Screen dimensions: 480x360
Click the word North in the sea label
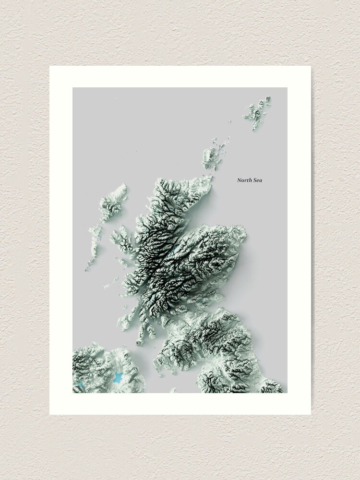pos(245,180)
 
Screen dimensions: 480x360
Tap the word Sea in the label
pos(258,180)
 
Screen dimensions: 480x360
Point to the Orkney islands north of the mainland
pos(211,154)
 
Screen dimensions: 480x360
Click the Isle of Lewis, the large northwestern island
pos(114,202)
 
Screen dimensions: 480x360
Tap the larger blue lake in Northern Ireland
pos(118,377)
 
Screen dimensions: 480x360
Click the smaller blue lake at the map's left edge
pos(80,386)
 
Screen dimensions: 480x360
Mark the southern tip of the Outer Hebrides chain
pos(87,269)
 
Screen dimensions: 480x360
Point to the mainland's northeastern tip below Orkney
pos(210,178)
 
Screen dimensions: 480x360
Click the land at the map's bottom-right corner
pos(276,386)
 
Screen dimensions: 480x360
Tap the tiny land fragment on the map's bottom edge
pos(172,391)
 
